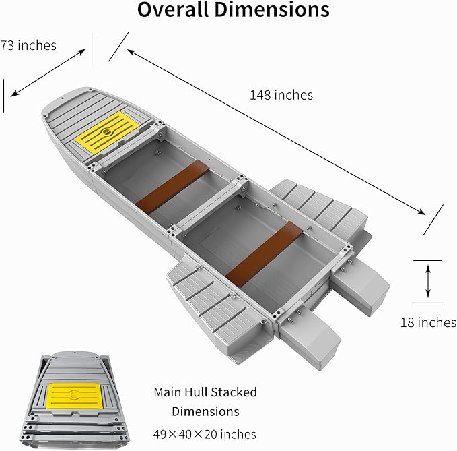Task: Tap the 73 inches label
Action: coord(28,45)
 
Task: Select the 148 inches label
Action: coord(281,95)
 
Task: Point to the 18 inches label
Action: coord(427,322)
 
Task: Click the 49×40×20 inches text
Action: coord(205,433)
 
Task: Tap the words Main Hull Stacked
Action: coord(205,392)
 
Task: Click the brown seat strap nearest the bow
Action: coord(172,185)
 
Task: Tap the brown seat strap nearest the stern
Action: coord(263,253)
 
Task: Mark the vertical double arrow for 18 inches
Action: coord(428,282)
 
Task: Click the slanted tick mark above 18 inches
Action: coord(433,220)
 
